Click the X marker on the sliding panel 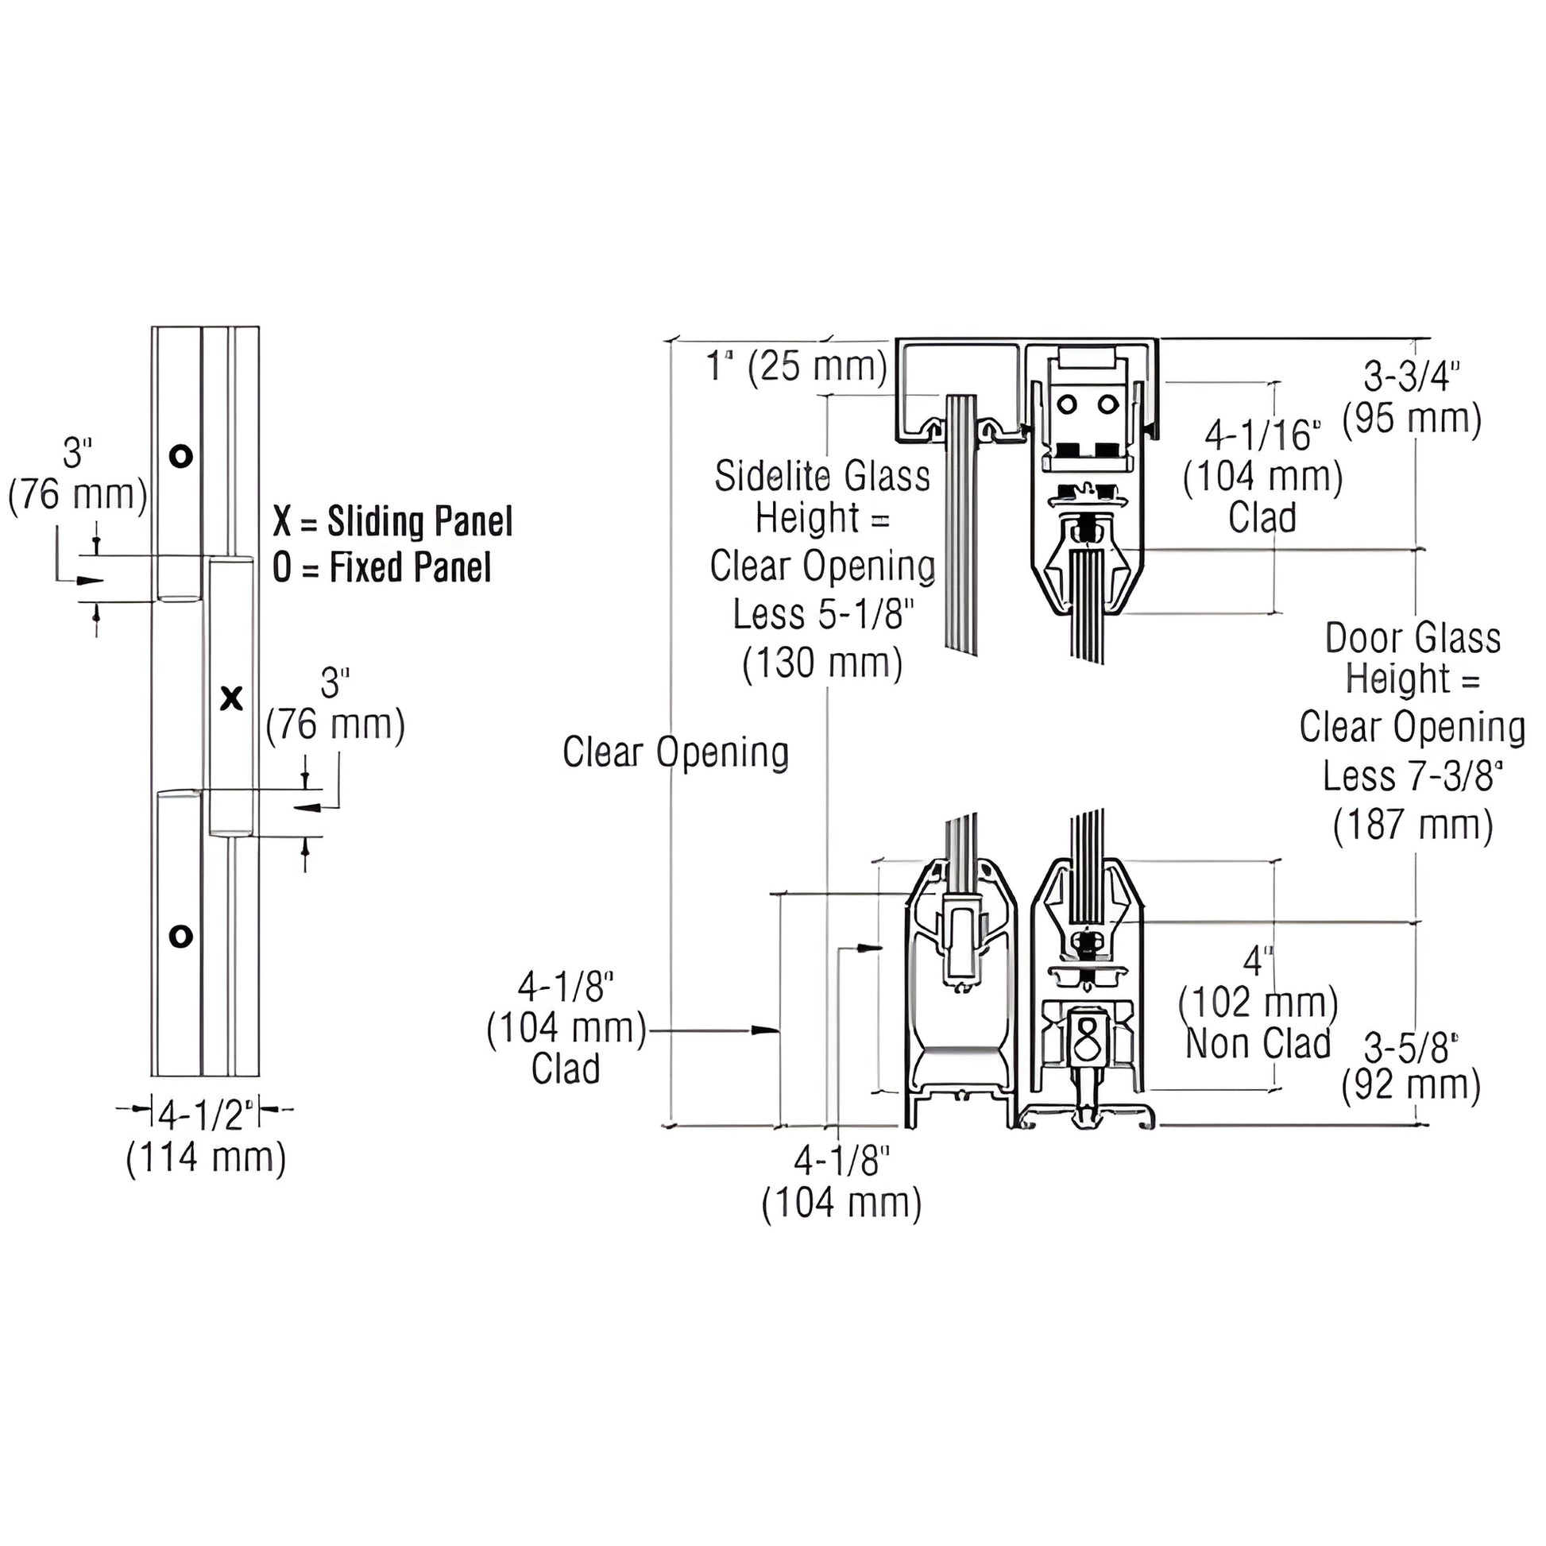tap(231, 698)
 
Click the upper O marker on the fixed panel tap(181, 456)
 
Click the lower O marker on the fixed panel tap(181, 935)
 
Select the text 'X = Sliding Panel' tap(392, 521)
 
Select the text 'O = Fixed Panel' tap(381, 567)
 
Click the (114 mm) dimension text tap(207, 1158)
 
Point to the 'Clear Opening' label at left tap(675, 753)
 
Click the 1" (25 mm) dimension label tap(797, 366)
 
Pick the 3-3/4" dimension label tap(1413, 376)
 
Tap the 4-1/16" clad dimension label tap(1263, 435)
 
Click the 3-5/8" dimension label tap(1411, 1049)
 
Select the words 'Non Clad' tap(1258, 1043)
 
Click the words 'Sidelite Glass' tap(822, 477)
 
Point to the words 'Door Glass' tap(1413, 639)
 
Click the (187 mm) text tap(1413, 824)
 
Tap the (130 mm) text tap(822, 663)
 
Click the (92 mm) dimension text tap(1412, 1087)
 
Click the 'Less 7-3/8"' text tap(1413, 776)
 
